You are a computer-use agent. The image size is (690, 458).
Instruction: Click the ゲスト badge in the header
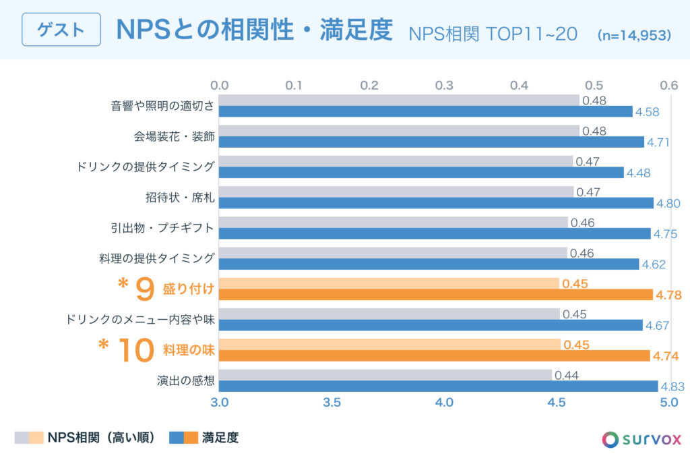click(x=61, y=30)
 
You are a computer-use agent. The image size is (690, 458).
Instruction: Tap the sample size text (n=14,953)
click(x=634, y=34)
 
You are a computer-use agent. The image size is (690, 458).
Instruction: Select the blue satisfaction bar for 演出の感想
click(x=438, y=387)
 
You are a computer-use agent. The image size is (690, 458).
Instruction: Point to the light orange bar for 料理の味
click(x=389, y=345)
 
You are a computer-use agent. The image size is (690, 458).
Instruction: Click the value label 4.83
click(x=673, y=387)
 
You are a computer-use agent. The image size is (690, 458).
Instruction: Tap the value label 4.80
click(x=668, y=203)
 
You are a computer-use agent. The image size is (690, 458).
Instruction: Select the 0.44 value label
click(x=567, y=375)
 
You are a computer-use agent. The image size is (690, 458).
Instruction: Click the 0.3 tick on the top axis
click(x=444, y=86)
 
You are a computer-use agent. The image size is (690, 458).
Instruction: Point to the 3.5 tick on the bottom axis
click(x=332, y=403)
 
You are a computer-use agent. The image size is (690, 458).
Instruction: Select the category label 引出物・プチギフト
click(x=162, y=228)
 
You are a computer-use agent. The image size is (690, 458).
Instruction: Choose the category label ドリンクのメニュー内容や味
click(x=140, y=320)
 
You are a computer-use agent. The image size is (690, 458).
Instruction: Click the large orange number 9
click(x=146, y=289)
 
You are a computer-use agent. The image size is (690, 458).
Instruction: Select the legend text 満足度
click(x=220, y=438)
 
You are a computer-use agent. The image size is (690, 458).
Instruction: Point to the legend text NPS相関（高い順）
click(x=102, y=438)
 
